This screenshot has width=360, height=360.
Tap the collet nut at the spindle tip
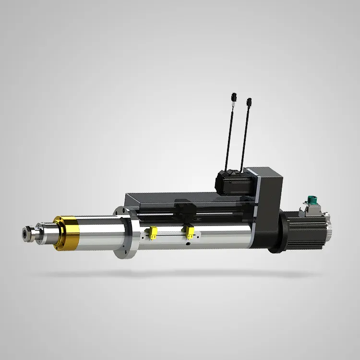coord(27,234)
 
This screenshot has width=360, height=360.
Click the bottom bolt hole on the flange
coord(122,254)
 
